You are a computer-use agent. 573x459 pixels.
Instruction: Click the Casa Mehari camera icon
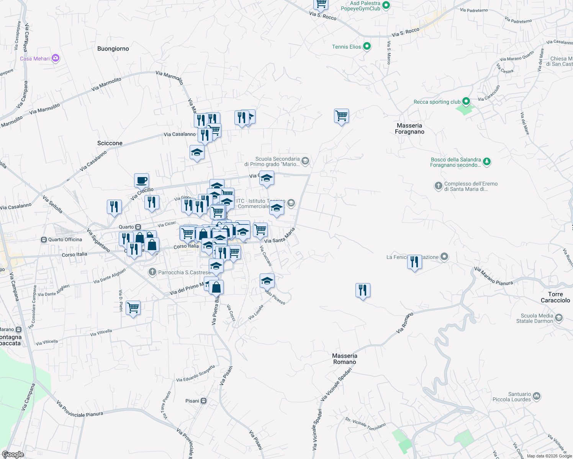click(x=56, y=58)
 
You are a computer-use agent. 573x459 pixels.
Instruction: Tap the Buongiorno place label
click(x=113, y=49)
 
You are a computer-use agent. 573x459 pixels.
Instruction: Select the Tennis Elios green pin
click(x=367, y=46)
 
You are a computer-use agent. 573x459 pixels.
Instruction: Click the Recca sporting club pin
click(x=466, y=101)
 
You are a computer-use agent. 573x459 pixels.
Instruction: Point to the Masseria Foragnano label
click(x=409, y=129)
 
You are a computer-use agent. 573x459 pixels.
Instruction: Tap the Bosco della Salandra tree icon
click(x=487, y=161)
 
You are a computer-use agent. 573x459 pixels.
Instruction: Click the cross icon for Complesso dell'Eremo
click(x=439, y=186)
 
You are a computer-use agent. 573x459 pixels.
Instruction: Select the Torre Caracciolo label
click(x=555, y=297)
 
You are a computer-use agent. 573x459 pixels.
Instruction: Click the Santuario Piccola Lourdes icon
click(x=537, y=396)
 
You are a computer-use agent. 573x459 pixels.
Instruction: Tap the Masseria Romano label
click(x=345, y=359)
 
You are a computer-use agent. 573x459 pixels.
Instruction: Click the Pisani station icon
click(x=204, y=401)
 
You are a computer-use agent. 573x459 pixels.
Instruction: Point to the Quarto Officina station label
click(x=65, y=239)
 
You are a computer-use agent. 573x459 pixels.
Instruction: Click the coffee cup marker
click(x=141, y=180)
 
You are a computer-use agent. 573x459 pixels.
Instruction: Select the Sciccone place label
click(x=110, y=143)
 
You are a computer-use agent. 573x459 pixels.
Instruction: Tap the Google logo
click(x=13, y=454)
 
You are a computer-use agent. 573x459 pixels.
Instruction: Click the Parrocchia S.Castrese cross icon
click(x=152, y=272)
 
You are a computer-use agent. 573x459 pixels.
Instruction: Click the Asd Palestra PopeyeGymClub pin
click(x=386, y=5)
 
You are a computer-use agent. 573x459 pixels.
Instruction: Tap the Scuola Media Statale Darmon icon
click(x=559, y=318)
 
